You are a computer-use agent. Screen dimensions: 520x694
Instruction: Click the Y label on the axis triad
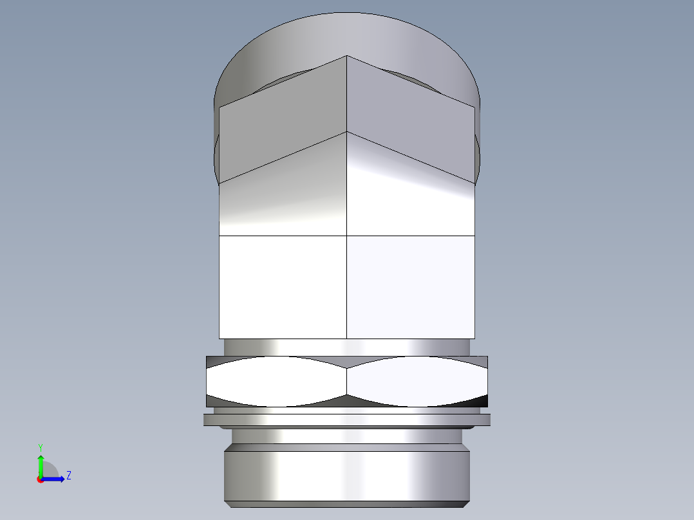40,446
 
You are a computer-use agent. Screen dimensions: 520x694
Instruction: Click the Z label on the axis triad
68,476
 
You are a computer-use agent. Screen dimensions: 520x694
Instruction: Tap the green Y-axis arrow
40,463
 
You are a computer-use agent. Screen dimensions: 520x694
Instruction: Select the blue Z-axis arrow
55,478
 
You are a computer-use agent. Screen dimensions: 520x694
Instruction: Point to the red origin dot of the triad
40,479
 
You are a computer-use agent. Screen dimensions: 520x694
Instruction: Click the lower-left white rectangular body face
283,287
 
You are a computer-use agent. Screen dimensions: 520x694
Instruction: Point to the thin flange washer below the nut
347,420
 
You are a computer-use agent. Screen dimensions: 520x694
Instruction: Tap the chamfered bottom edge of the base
347,504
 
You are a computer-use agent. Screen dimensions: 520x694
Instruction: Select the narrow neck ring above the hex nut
347,347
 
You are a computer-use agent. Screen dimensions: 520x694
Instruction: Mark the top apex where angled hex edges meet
348,56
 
